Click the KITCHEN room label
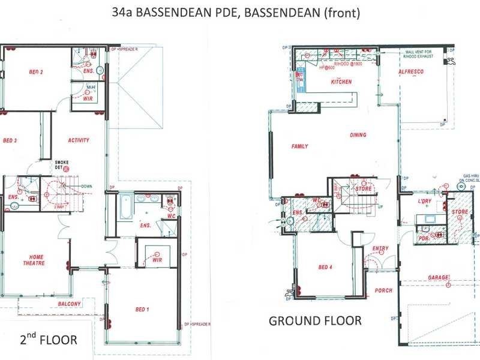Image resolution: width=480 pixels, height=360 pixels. pyautogui.click(x=340, y=82)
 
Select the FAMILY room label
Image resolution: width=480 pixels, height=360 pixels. pyautogui.click(x=300, y=146)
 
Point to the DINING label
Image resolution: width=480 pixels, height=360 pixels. pyautogui.click(x=358, y=135)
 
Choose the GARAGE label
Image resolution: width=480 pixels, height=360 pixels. pyautogui.click(x=438, y=278)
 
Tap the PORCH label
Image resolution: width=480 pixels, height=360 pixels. pyautogui.click(x=383, y=290)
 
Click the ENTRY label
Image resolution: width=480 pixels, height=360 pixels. pyautogui.click(x=380, y=248)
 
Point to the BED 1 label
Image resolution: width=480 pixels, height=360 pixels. pyautogui.click(x=142, y=309)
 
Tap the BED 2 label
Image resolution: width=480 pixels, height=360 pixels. pyautogui.click(x=36, y=73)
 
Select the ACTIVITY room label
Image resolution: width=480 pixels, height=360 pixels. pyautogui.click(x=79, y=140)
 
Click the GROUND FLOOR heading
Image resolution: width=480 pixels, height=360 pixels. pyautogui.click(x=314, y=320)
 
